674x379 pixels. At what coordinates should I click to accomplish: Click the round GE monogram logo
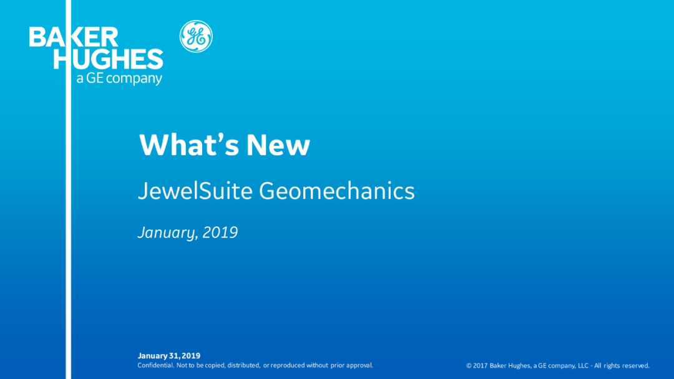pos(196,37)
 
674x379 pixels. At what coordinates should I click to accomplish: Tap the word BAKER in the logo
pos(74,37)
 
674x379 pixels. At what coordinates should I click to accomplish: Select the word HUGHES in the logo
pos(108,59)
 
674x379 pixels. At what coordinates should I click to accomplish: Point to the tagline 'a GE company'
pos(119,79)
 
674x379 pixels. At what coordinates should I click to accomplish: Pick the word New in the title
pos(278,145)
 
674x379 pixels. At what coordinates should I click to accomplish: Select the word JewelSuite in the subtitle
pos(195,191)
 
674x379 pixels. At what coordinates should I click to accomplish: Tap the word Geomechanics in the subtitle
pos(336,191)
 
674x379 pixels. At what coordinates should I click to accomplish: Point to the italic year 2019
pos(220,233)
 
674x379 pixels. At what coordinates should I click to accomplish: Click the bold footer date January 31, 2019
pos(169,355)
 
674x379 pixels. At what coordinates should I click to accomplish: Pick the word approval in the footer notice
pos(359,365)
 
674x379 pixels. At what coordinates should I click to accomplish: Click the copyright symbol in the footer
pos(469,366)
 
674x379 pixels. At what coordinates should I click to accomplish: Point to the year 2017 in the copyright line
pos(480,366)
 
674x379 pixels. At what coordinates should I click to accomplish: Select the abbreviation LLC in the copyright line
pos(583,366)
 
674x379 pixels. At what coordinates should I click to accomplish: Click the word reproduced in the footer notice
pos(288,365)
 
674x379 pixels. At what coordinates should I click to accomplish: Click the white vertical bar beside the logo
pos(69,189)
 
